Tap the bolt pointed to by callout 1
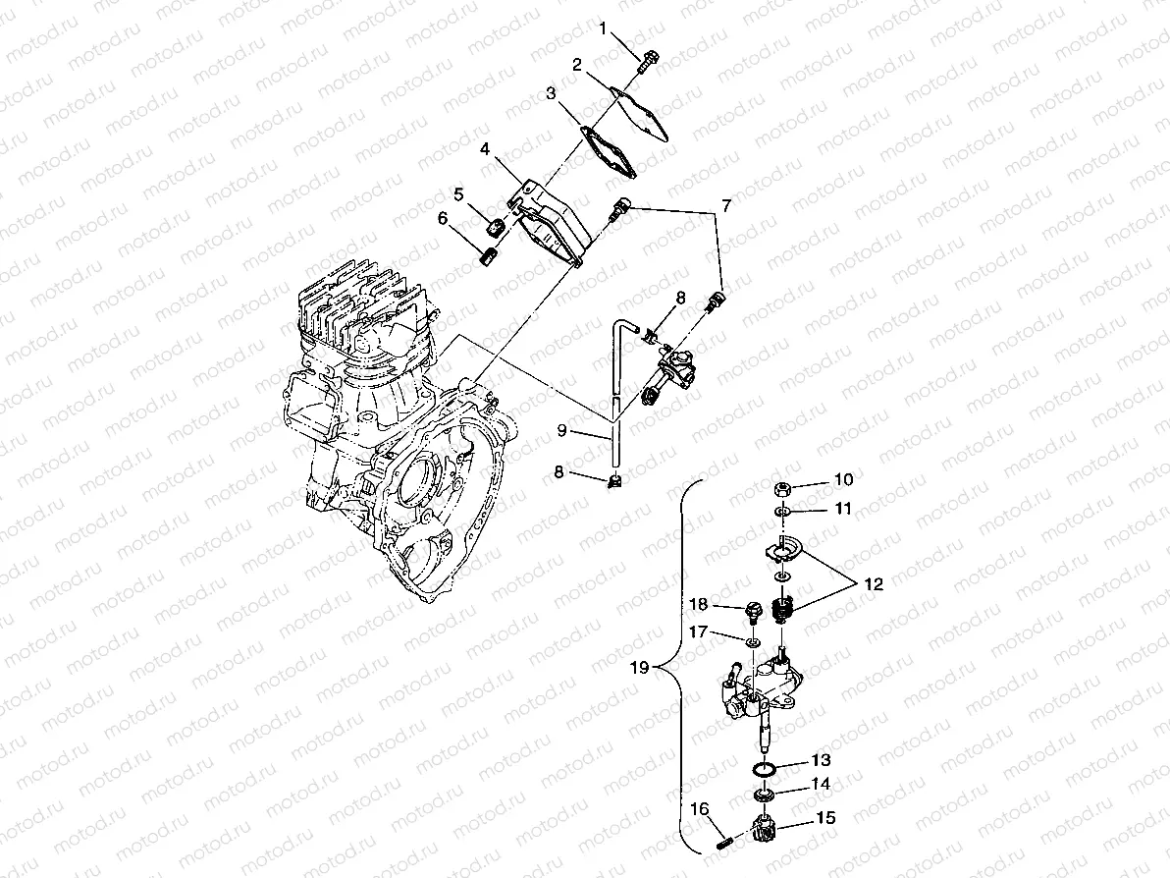tap(649, 62)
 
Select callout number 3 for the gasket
tap(552, 93)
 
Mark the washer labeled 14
tap(766, 793)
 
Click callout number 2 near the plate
tap(577, 66)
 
